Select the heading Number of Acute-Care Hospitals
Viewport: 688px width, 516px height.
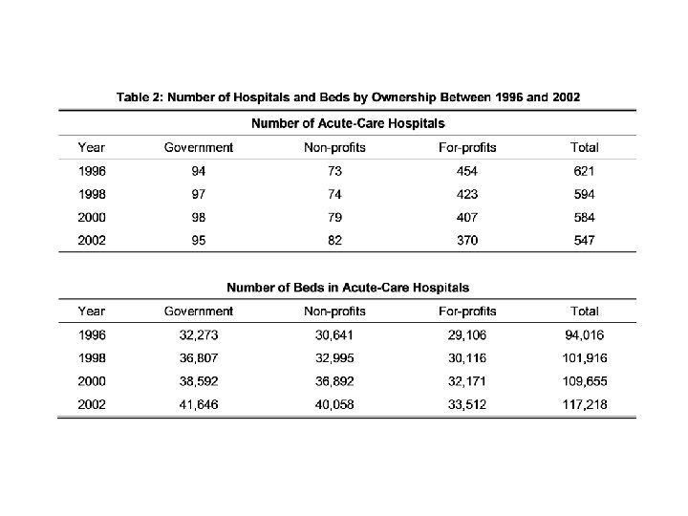coord(348,123)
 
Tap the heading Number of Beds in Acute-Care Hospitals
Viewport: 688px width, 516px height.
coord(348,287)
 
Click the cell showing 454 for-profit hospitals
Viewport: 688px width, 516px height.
coord(467,171)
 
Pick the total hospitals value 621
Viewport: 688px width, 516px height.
coord(584,171)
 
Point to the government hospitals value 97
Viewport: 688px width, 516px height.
coord(199,194)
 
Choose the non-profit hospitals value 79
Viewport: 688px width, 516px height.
coord(334,217)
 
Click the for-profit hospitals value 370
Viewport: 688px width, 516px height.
coord(467,240)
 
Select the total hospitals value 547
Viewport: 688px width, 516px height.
coord(584,240)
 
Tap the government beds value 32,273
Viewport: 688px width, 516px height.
coord(199,334)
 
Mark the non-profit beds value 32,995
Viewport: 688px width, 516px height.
coord(334,357)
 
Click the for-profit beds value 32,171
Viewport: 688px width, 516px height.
coord(467,380)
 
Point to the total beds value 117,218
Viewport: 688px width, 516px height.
coord(584,404)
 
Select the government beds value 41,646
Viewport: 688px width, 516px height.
coord(199,404)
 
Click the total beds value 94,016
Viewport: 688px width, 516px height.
coord(584,334)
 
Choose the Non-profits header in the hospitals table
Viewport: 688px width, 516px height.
coord(334,148)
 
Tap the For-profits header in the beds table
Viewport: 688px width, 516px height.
coord(467,312)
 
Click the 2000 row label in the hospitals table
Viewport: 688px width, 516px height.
coord(93,217)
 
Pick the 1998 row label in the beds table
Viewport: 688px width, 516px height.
coord(93,357)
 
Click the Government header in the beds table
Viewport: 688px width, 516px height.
coord(199,312)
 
